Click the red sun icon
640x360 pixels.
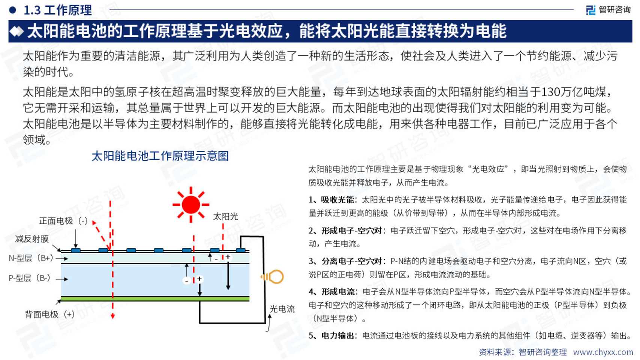(x=191, y=205)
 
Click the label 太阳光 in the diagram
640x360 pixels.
(x=225, y=217)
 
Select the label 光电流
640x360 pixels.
(x=282, y=309)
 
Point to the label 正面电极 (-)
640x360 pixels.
(x=63, y=221)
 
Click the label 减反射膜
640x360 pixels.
(x=32, y=239)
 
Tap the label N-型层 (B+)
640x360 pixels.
(x=31, y=258)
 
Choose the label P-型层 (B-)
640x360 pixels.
(x=29, y=278)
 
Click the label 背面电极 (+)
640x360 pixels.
(x=50, y=314)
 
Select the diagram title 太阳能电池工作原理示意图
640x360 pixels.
(x=160, y=156)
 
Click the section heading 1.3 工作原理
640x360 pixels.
(x=58, y=10)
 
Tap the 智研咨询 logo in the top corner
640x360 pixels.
(x=608, y=10)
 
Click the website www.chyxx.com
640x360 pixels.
(x=603, y=352)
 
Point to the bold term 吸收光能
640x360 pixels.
(x=337, y=200)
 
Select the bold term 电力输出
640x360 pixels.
(x=338, y=335)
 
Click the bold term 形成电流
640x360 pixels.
(x=338, y=291)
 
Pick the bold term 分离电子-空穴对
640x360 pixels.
(x=352, y=261)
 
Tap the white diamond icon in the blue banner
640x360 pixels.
(x=16, y=31)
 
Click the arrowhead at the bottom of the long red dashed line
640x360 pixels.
(x=113, y=316)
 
